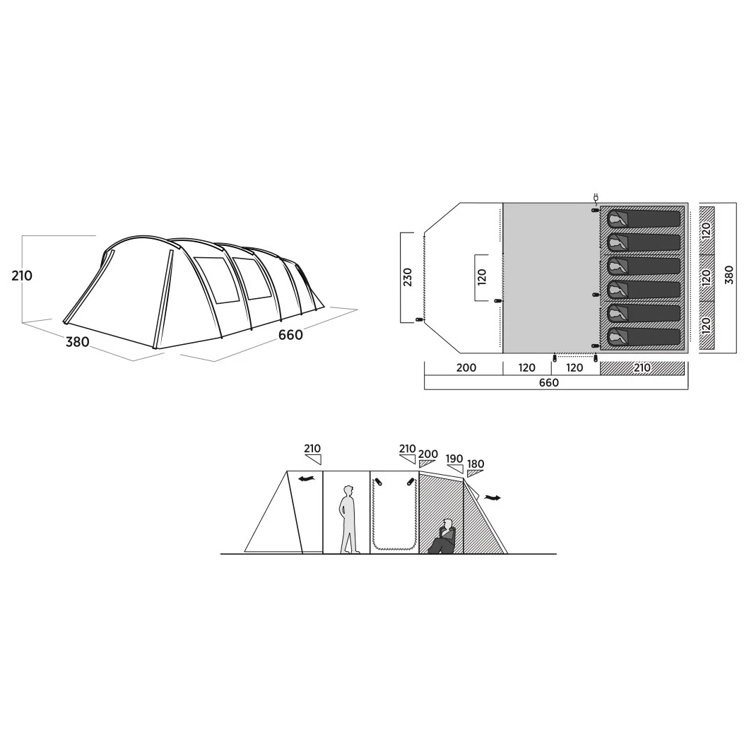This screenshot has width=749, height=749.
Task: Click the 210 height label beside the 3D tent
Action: [22, 276]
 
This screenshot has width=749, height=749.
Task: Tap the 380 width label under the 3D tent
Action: [78, 341]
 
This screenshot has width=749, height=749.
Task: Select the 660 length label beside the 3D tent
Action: [290, 335]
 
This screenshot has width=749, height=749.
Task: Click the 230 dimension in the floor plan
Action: [408, 277]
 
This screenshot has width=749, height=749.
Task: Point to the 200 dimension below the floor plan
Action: [466, 367]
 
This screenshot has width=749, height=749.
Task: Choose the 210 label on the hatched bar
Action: [642, 367]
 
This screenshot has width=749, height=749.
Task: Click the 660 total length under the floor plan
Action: [549, 382]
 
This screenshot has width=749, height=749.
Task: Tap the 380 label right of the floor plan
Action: [729, 275]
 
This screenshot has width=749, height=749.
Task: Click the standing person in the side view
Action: [349, 519]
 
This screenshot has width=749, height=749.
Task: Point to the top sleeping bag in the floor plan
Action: [644, 219]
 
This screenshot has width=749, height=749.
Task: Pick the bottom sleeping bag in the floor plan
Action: [644, 336]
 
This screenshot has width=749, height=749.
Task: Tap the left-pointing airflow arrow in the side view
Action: [307, 478]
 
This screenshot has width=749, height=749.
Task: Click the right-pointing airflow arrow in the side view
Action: [492, 497]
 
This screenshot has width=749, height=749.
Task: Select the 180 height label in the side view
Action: [476, 464]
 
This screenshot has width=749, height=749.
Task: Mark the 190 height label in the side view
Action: [454, 459]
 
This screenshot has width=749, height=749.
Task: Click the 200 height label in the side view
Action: [428, 454]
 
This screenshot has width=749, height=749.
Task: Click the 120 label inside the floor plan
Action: [481, 278]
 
